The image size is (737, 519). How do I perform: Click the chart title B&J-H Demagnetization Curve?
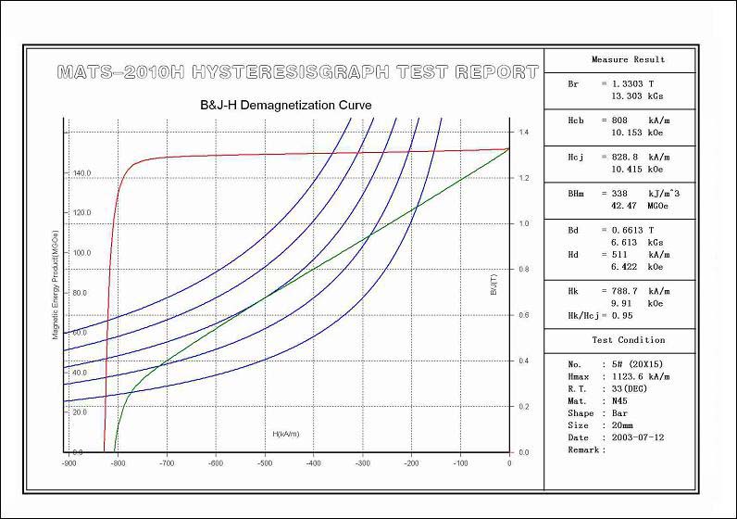pos(286,106)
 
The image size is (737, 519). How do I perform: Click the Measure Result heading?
pos(629,59)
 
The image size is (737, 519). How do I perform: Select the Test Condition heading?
pos(629,340)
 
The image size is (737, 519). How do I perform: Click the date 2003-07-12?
pos(633,437)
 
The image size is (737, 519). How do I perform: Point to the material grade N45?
pos(614,400)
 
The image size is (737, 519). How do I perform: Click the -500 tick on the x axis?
pos(265,463)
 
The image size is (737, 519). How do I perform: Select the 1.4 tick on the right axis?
pos(523,133)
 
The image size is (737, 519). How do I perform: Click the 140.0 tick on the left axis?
pos(81,173)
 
